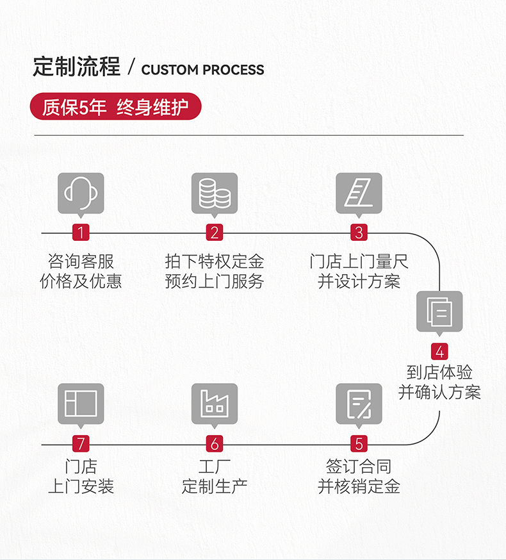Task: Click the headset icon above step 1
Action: pyautogui.click(x=81, y=192)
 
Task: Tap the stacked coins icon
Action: pyautogui.click(x=215, y=192)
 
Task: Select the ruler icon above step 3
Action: pyautogui.click(x=359, y=192)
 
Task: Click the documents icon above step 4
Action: pyautogui.click(x=439, y=311)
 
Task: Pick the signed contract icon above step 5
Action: pyautogui.click(x=359, y=404)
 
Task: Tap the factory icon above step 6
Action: pyautogui.click(x=215, y=404)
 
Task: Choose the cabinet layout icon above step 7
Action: pyautogui.click(x=81, y=404)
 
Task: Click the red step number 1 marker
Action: pyautogui.click(x=81, y=233)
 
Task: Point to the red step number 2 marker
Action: pyautogui.click(x=215, y=233)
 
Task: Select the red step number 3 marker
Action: pyautogui.click(x=359, y=233)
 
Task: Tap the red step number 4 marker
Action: pyautogui.click(x=439, y=352)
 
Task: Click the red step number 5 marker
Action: pyautogui.click(x=359, y=443)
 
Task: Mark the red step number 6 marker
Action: pyautogui.click(x=215, y=443)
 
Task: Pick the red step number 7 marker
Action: pyautogui.click(x=81, y=443)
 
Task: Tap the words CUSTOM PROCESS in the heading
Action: pyautogui.click(x=202, y=70)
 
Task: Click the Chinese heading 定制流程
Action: pyautogui.click(x=77, y=67)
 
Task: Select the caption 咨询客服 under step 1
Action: pyautogui.click(x=81, y=261)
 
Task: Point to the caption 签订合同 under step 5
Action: pyautogui.click(x=359, y=466)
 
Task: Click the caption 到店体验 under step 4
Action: pyautogui.click(x=439, y=372)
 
